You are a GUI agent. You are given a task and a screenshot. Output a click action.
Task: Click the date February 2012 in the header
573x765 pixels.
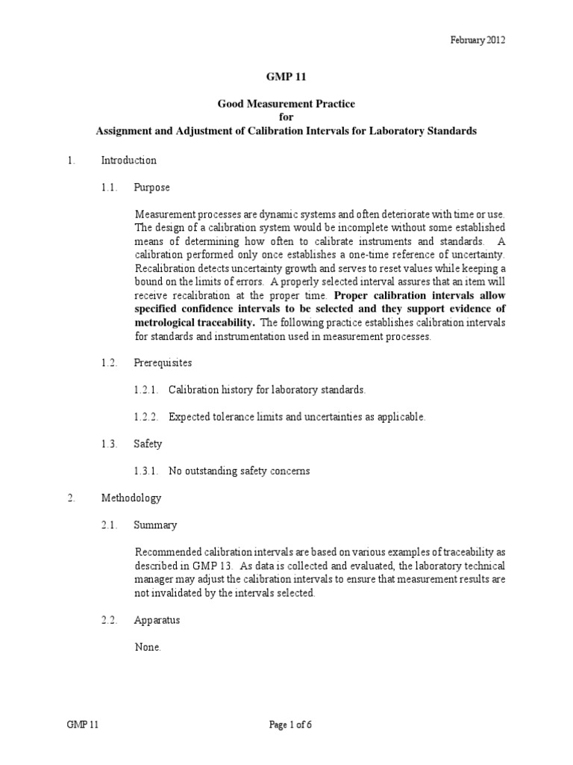coord(478,40)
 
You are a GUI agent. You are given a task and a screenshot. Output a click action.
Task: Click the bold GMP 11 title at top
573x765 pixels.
coord(286,75)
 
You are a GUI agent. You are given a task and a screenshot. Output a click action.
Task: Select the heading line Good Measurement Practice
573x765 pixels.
coord(286,105)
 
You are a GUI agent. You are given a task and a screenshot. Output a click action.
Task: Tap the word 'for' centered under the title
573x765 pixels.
coord(286,117)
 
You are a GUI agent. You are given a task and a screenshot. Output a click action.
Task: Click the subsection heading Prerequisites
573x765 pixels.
coord(163,362)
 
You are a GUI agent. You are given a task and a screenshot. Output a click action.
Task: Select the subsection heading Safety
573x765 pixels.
coord(148,444)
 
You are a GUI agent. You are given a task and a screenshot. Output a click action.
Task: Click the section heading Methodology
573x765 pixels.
coord(131,498)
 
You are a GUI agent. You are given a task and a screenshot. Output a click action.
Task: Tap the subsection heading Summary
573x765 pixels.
coord(155,524)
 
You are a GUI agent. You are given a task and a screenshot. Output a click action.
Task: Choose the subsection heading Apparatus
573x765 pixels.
coord(157,620)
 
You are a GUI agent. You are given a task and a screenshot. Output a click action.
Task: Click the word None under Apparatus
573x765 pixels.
coord(147,647)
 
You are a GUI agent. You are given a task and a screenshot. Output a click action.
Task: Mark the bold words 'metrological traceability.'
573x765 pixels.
coord(193,322)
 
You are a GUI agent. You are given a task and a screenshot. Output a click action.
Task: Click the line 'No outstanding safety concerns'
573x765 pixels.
coord(239,471)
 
